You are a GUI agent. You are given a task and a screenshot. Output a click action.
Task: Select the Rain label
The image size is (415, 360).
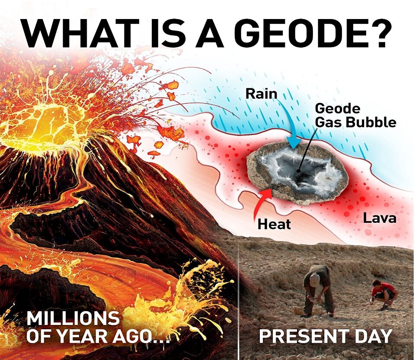(x=261, y=94)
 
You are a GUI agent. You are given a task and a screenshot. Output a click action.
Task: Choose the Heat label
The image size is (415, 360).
(x=274, y=224)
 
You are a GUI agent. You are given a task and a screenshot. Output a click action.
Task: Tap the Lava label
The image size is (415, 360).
(x=380, y=218)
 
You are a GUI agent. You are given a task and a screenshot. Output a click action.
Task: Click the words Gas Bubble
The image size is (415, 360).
(x=356, y=122)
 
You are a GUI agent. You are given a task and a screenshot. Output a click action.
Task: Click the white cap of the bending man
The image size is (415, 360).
(x=315, y=280)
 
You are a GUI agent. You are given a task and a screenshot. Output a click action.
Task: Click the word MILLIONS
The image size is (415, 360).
(x=73, y=318)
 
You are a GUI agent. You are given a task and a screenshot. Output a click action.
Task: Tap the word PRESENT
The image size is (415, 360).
(x=303, y=336)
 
